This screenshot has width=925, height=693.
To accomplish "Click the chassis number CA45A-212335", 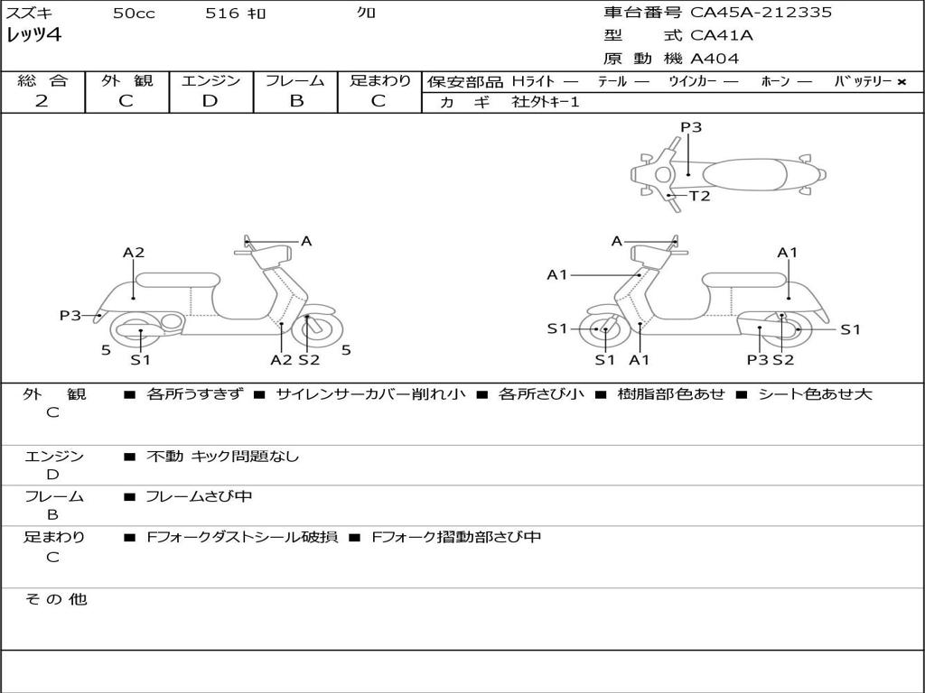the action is (x=761, y=13).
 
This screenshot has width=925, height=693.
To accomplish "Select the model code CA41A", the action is (x=721, y=36).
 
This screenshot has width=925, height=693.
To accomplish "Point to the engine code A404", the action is (x=715, y=59).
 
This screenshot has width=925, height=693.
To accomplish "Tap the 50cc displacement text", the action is (x=134, y=14).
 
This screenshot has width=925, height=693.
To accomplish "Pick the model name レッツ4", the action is (x=34, y=36).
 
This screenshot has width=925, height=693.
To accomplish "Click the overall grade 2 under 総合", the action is (x=42, y=101).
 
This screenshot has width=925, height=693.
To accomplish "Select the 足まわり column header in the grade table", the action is (x=379, y=80).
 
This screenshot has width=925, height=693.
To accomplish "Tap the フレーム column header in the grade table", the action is (x=295, y=80).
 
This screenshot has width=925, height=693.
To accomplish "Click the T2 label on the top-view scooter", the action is (x=700, y=196).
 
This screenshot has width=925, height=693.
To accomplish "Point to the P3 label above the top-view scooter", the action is (x=691, y=127).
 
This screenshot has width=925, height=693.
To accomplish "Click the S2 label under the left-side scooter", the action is (x=309, y=360).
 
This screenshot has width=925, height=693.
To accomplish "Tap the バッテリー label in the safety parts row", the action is (x=863, y=81).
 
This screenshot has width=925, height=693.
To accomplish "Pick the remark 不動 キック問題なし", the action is (x=222, y=457).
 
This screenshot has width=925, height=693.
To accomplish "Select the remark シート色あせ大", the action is (x=815, y=394).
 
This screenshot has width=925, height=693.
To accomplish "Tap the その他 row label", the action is (x=55, y=599).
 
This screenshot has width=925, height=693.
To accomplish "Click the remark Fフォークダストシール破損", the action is (x=242, y=537).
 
